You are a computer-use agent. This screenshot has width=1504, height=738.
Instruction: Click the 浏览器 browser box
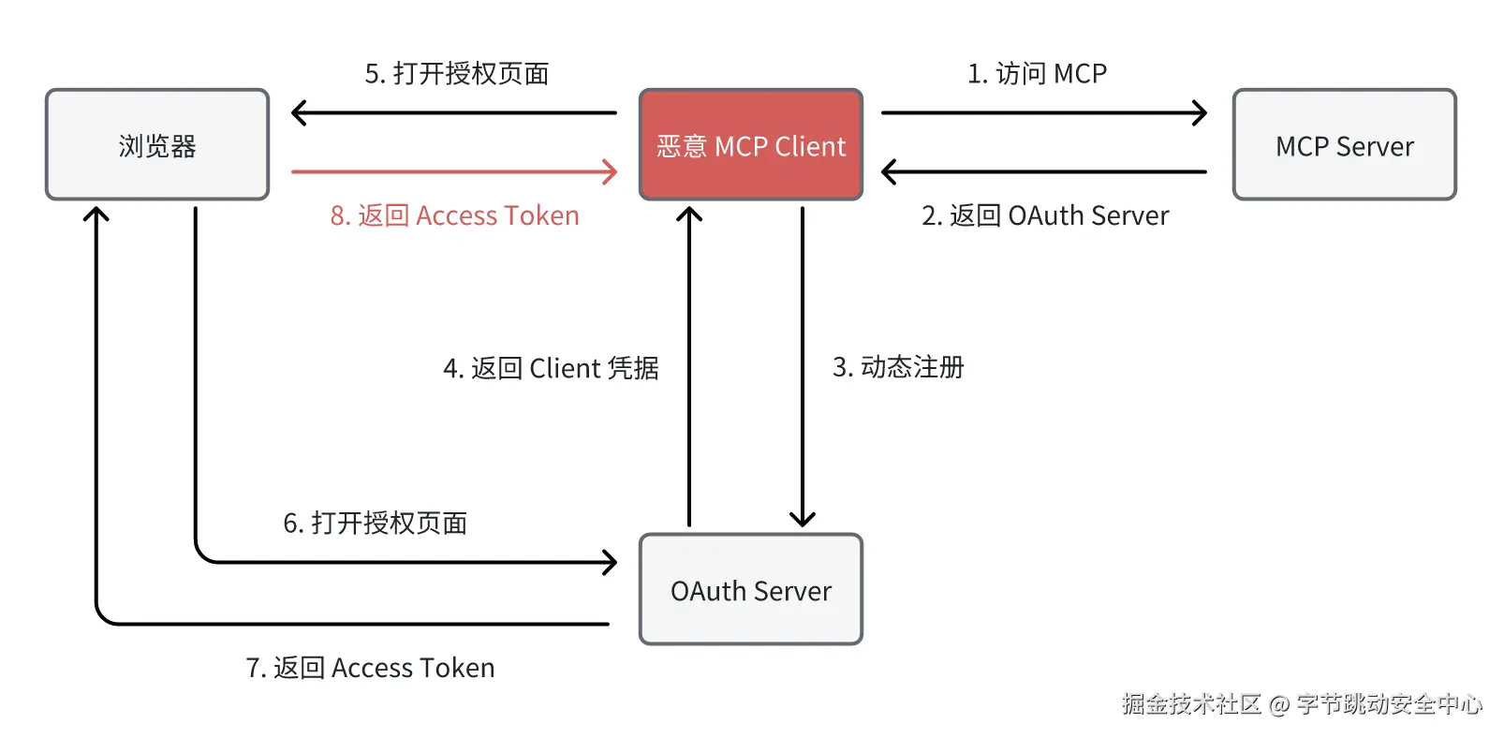click(x=157, y=145)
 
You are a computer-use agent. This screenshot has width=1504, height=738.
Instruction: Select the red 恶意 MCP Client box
click(x=750, y=145)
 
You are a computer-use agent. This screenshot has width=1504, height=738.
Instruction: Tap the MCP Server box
click(x=1344, y=145)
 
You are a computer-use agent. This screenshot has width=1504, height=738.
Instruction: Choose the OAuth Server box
click(x=750, y=590)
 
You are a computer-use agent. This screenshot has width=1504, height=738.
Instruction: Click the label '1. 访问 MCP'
click(x=1037, y=73)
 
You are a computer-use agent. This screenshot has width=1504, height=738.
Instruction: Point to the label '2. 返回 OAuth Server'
click(x=1045, y=215)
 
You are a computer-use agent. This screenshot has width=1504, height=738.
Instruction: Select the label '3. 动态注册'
click(x=898, y=366)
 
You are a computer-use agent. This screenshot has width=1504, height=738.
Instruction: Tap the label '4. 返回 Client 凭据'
click(x=551, y=368)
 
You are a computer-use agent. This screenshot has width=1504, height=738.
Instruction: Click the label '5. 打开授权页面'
click(x=457, y=73)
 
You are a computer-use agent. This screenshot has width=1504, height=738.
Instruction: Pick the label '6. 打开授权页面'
click(x=375, y=523)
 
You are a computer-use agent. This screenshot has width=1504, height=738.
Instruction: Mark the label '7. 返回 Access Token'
click(x=370, y=668)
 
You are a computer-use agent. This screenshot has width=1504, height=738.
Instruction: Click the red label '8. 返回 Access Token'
click(x=454, y=215)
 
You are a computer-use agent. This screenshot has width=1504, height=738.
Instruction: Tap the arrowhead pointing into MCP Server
click(x=1202, y=113)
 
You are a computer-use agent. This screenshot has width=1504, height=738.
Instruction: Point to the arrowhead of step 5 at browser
click(x=297, y=113)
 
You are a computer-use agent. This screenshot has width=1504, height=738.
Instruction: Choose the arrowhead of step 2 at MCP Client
click(x=887, y=171)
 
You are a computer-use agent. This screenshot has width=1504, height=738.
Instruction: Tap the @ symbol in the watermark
click(x=1279, y=704)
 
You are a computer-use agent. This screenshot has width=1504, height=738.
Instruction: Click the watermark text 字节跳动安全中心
click(x=1390, y=703)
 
